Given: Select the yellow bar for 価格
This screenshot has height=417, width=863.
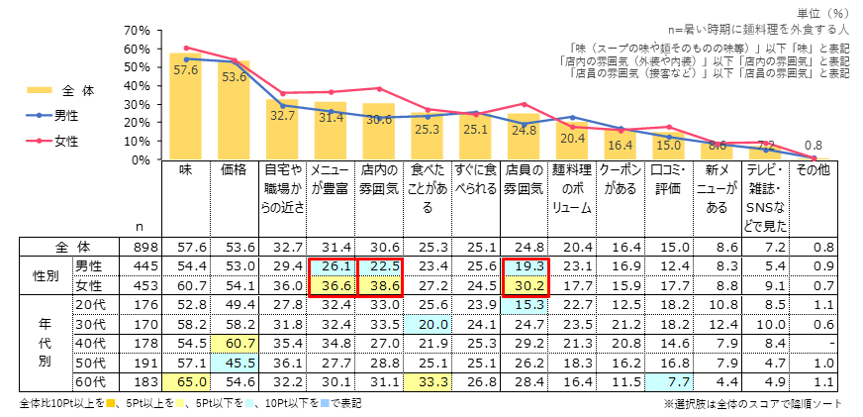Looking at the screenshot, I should [235, 111].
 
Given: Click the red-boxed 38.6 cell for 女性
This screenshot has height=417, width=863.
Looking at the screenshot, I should [379, 285].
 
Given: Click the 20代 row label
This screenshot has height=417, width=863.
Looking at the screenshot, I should [91, 304].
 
